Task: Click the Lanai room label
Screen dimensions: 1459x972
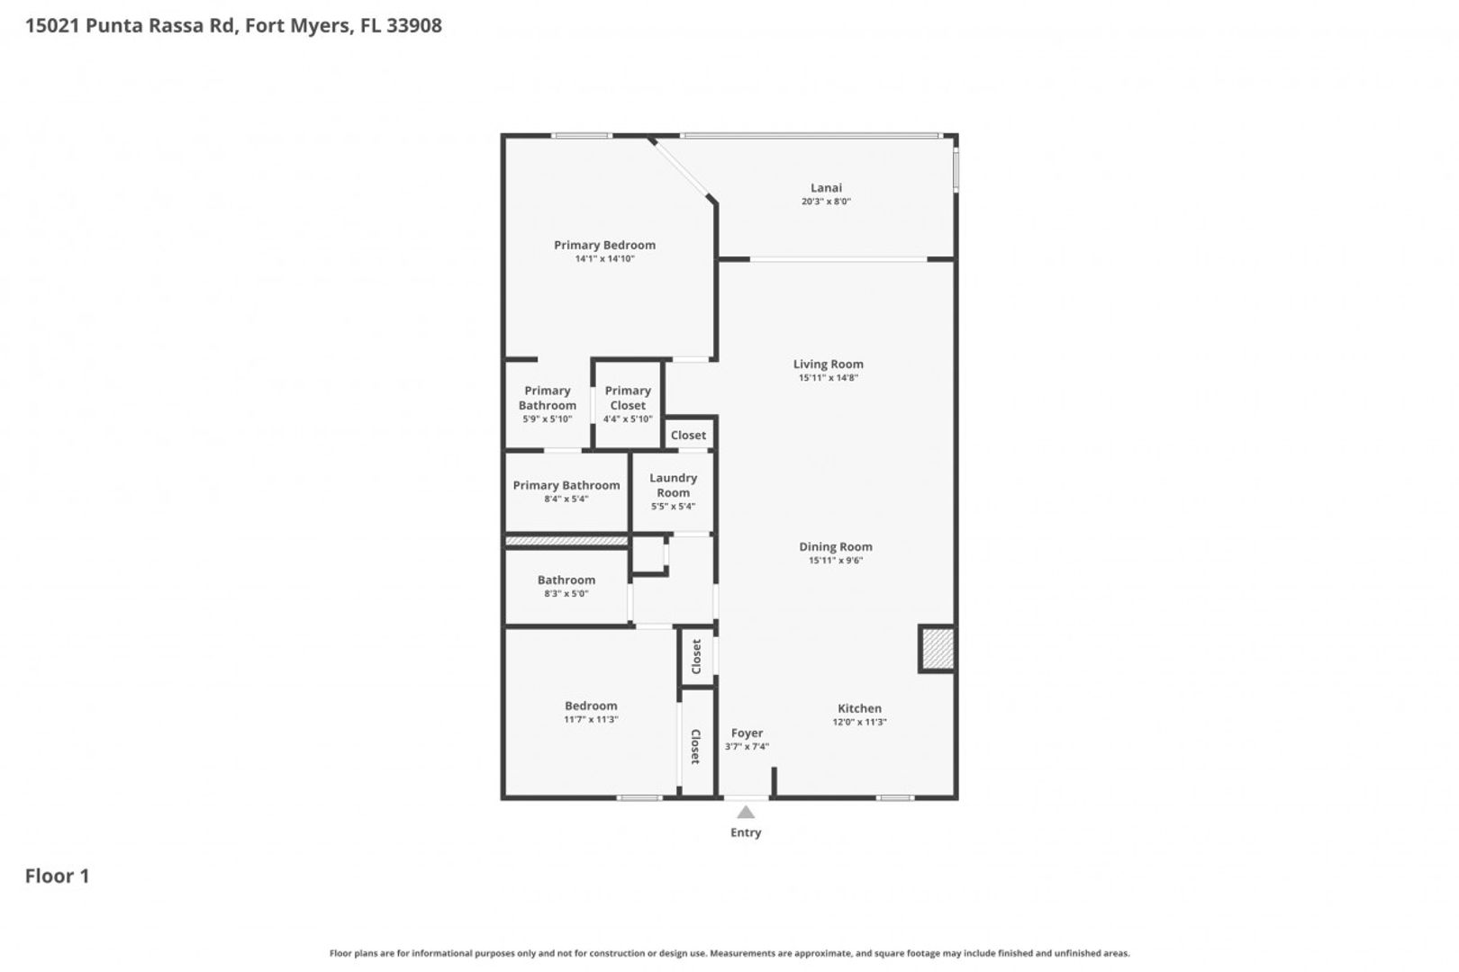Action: [x=826, y=187]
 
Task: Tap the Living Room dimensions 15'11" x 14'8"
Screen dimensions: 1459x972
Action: [x=829, y=378]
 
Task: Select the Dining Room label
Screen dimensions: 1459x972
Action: [x=836, y=547]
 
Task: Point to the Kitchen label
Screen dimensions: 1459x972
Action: [x=860, y=708]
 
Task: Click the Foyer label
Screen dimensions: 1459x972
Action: [x=748, y=733]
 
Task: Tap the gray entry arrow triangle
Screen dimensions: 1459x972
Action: [x=746, y=813]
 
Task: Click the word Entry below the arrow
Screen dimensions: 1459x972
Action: [x=746, y=832]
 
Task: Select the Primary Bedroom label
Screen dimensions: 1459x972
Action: [x=604, y=245]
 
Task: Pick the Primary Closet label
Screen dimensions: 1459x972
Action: [x=628, y=398]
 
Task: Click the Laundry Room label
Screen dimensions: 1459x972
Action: [x=674, y=485]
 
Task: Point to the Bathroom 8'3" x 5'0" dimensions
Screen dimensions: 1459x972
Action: [x=566, y=594]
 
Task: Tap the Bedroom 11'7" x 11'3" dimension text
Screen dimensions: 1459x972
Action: [x=591, y=719]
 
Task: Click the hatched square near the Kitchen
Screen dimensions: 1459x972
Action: [x=938, y=648]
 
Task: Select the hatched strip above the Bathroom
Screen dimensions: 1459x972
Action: [x=566, y=540]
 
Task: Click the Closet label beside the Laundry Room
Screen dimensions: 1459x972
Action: [x=688, y=435]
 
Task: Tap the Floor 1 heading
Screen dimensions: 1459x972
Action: [x=58, y=877]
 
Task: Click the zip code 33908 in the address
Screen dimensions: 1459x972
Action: [x=414, y=25]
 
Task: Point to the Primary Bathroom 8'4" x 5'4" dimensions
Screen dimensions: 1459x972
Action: [x=566, y=499]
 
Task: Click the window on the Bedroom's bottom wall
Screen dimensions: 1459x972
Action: [x=639, y=797]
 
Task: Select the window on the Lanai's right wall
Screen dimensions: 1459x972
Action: [x=956, y=171]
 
